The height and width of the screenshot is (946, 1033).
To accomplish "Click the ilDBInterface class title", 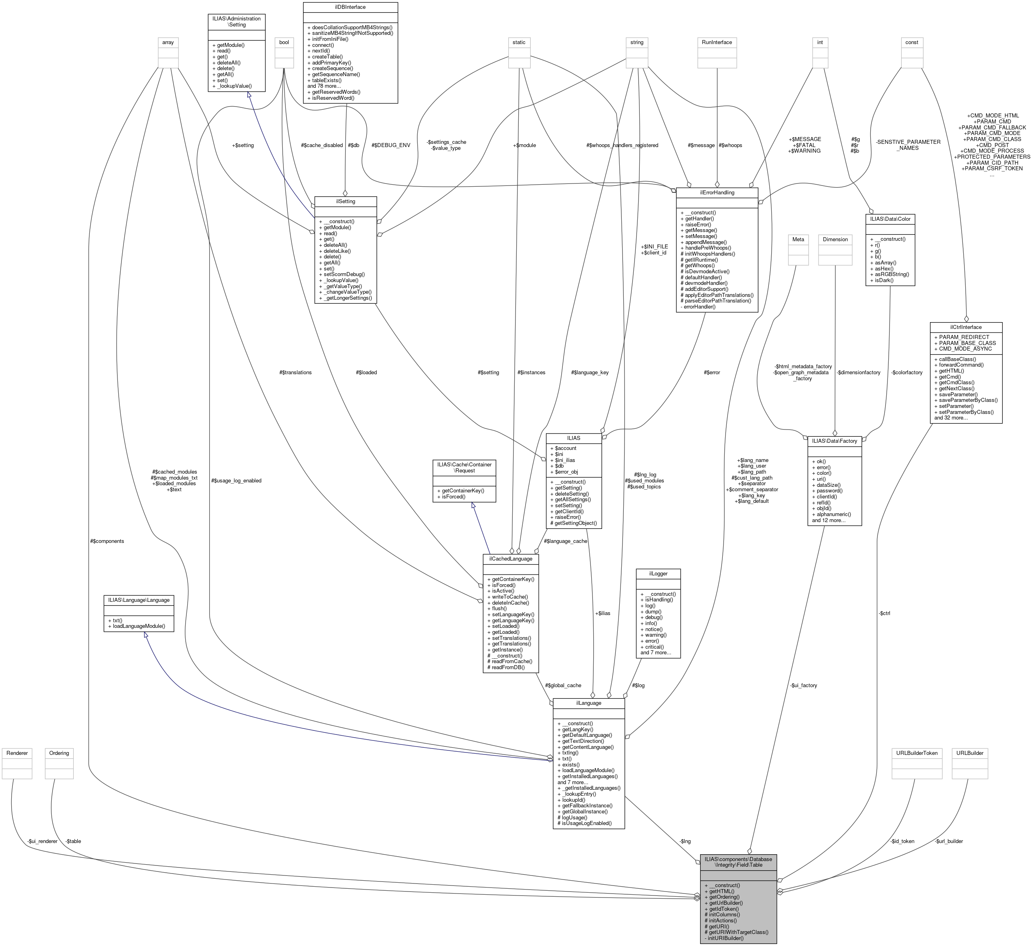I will click(x=350, y=7).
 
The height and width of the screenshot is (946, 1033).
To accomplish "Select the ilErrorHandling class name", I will click(x=716, y=193).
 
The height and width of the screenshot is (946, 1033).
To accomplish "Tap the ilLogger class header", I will click(x=658, y=574).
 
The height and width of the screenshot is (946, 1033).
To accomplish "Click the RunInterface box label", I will click(x=716, y=42).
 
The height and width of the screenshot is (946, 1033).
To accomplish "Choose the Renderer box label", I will click(x=17, y=753).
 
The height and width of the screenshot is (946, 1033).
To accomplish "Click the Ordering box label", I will click(x=59, y=753).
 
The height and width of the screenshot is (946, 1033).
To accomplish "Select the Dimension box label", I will click(x=835, y=239).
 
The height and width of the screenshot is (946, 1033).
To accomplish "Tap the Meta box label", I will click(x=798, y=239).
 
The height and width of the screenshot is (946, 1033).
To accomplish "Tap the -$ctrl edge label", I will click(x=884, y=613).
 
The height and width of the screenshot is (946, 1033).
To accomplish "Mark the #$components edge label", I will click(x=107, y=541).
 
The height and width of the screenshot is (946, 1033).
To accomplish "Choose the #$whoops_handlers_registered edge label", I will click(x=622, y=145).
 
